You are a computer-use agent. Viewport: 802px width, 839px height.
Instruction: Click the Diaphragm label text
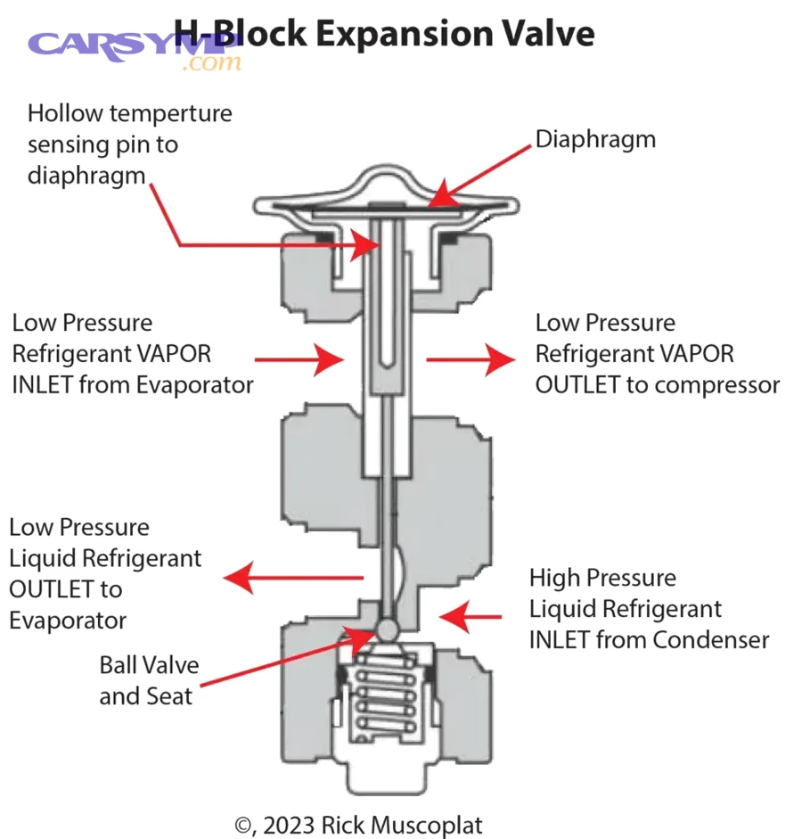pos(595,139)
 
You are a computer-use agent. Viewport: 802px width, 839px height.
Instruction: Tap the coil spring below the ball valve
pos(386,704)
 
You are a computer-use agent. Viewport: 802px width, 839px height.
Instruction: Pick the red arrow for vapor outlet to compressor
pos(470,359)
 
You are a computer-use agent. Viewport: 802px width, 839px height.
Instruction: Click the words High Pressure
pos(602,578)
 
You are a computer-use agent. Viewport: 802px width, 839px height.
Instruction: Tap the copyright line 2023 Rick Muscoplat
pos(359,825)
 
